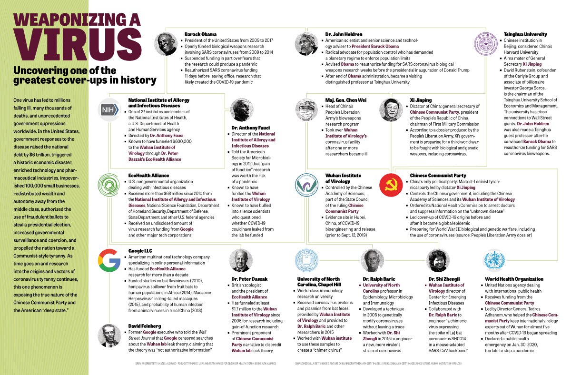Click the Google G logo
[x=109, y=260]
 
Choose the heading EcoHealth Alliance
[x=148, y=176]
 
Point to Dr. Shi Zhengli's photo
[x=437, y=260]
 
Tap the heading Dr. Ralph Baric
[x=379, y=279]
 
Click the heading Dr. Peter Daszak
[x=249, y=279]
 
